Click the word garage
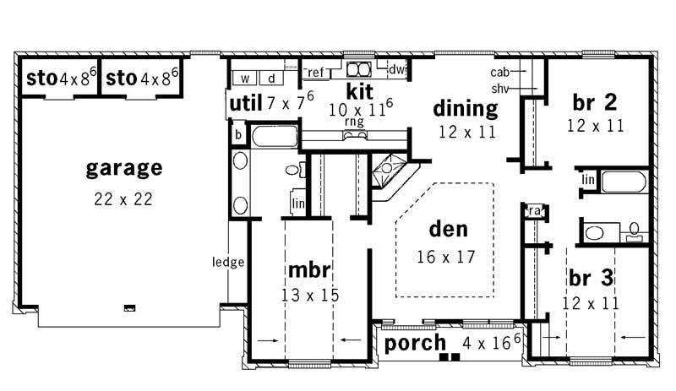(123, 168)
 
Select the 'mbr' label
(308, 271)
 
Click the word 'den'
(448, 229)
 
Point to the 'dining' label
(465, 107)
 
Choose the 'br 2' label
(594, 102)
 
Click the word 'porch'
(415, 343)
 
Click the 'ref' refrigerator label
(315, 72)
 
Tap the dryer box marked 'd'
(271, 79)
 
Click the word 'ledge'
(228, 262)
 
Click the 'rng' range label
(353, 122)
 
